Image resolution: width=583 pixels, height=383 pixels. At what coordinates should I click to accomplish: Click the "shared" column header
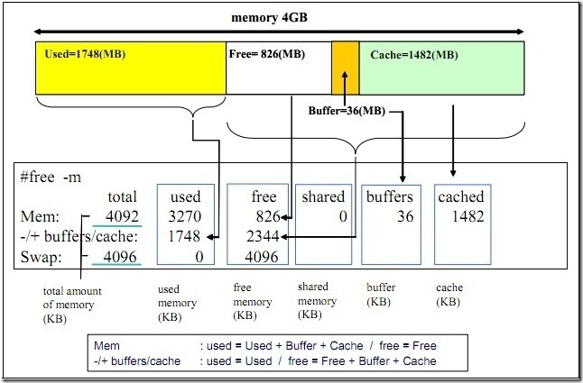click(323, 196)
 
